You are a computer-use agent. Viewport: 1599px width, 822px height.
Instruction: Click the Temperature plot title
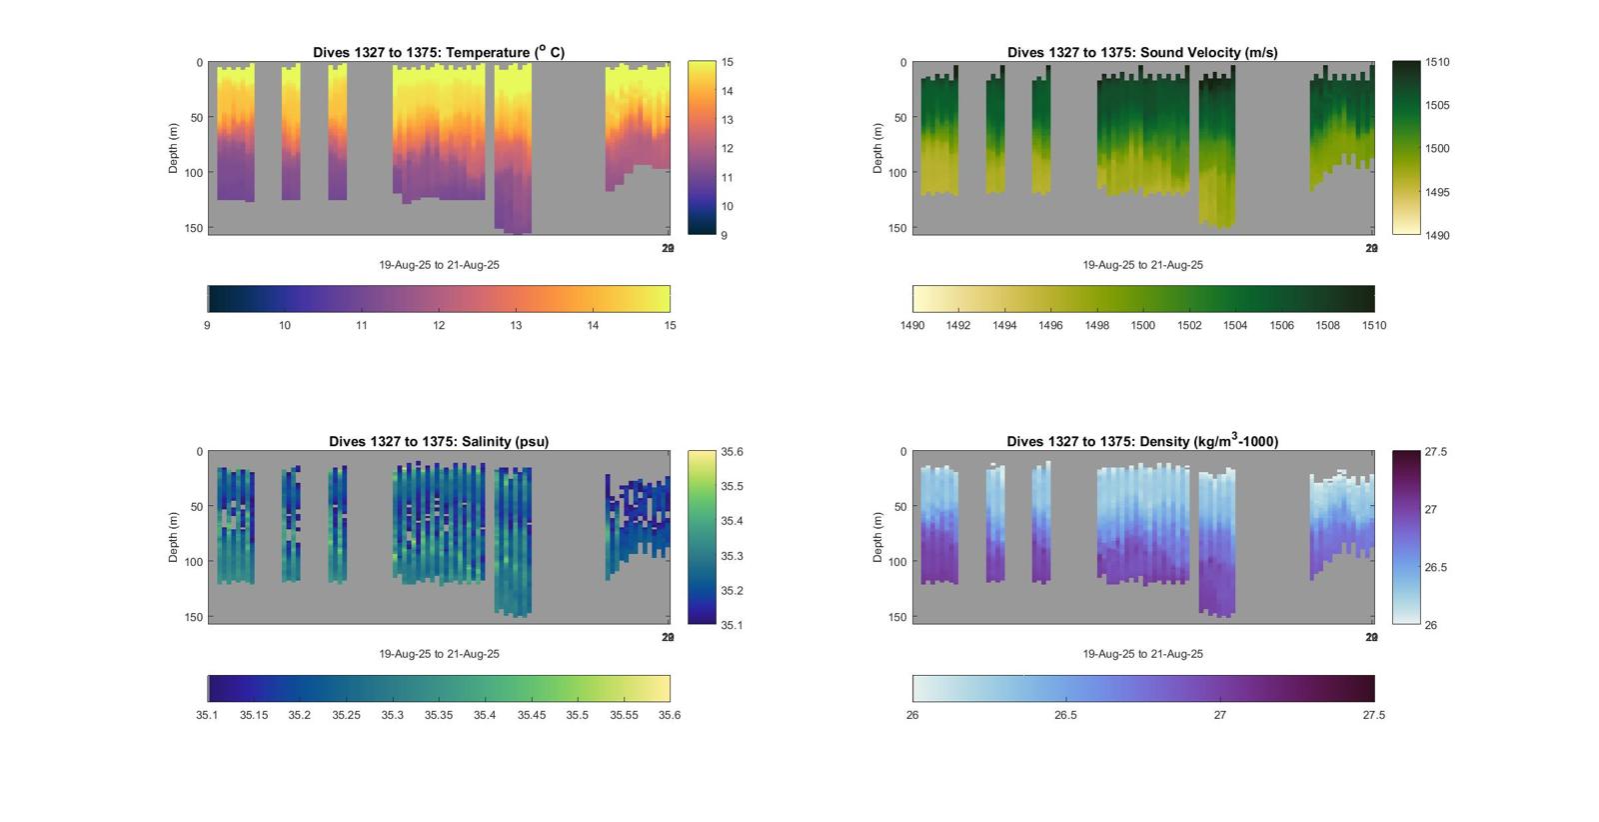pos(439,52)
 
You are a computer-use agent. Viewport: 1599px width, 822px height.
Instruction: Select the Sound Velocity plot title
pos(1142,52)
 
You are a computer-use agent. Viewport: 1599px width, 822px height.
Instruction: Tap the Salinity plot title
pos(439,441)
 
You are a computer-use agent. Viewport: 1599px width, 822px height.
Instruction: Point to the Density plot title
pos(1142,441)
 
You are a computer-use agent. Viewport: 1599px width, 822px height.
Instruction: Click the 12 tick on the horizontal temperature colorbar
pos(439,325)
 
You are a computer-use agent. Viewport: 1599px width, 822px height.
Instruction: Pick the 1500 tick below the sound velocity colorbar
pos(1142,325)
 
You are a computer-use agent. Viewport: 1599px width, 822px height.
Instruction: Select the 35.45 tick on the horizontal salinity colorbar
pos(532,715)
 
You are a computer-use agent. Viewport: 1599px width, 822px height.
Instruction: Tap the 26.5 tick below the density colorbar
pos(1066,715)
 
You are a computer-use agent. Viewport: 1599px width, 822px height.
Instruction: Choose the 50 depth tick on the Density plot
pos(900,507)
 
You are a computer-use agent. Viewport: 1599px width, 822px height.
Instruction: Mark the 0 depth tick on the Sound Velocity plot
pos(903,63)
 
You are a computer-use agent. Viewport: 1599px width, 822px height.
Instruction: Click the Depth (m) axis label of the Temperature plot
pos(174,148)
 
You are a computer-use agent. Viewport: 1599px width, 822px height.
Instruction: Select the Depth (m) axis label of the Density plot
pos(878,537)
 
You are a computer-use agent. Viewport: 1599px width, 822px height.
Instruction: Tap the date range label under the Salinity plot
pos(439,654)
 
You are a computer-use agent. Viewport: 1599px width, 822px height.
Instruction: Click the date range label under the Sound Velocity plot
pos(1142,265)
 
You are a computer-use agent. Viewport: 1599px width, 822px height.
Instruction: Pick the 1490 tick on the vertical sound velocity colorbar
pos(1437,235)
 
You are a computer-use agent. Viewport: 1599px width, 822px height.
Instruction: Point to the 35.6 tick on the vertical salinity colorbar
pos(732,452)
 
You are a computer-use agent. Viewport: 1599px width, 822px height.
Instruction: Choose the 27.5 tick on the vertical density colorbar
pos(1435,452)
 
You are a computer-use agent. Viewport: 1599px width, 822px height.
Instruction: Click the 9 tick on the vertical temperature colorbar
pos(725,235)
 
